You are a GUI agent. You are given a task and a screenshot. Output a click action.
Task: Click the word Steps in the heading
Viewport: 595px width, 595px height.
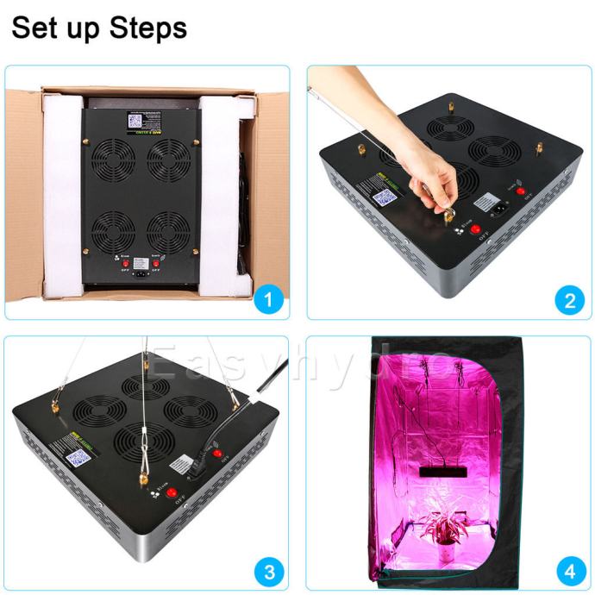(148, 28)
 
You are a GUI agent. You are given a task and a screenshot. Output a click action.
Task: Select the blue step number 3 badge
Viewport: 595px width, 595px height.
(269, 570)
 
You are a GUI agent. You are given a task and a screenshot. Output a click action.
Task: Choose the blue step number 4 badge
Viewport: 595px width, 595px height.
(569, 570)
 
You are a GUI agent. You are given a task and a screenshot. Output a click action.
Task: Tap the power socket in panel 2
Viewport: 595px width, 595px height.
(498, 208)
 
